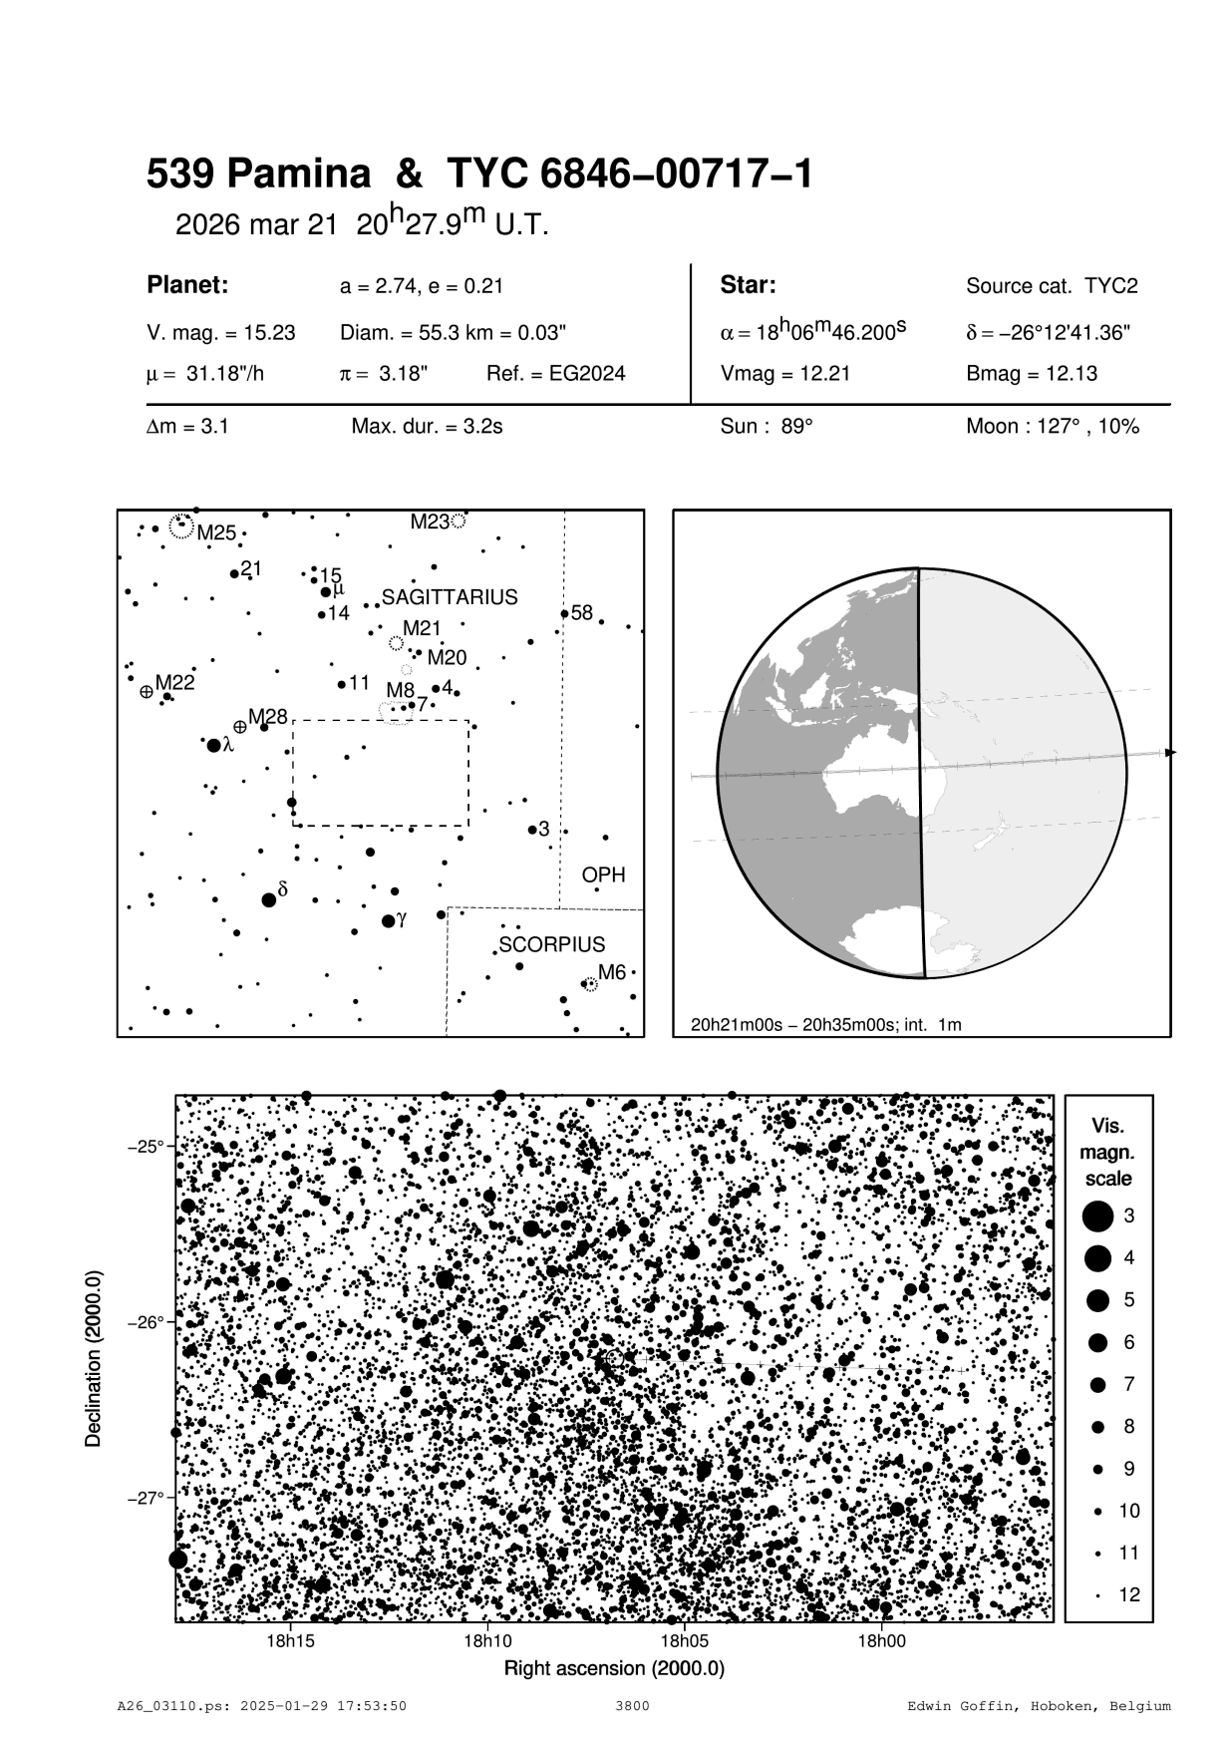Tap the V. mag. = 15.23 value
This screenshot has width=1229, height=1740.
(x=221, y=333)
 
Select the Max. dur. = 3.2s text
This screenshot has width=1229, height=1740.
(x=427, y=427)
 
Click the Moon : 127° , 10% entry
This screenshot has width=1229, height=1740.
(x=1052, y=427)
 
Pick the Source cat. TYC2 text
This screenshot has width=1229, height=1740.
(x=1052, y=286)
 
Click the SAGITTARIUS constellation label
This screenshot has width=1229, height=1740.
(x=450, y=597)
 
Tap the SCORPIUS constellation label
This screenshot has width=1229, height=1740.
(x=551, y=944)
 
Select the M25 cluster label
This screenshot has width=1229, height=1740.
(x=216, y=532)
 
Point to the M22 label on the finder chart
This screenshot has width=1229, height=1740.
(x=174, y=683)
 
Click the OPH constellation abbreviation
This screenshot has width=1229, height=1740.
(x=603, y=874)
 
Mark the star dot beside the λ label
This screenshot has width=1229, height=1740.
(x=213, y=745)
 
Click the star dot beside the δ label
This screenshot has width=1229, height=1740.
(x=268, y=899)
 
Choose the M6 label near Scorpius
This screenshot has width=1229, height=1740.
(x=611, y=973)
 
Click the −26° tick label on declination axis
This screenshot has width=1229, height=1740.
(x=146, y=1322)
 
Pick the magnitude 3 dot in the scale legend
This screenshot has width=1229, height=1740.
(x=1098, y=1216)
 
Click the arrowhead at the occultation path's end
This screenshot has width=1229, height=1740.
(x=1170, y=752)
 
